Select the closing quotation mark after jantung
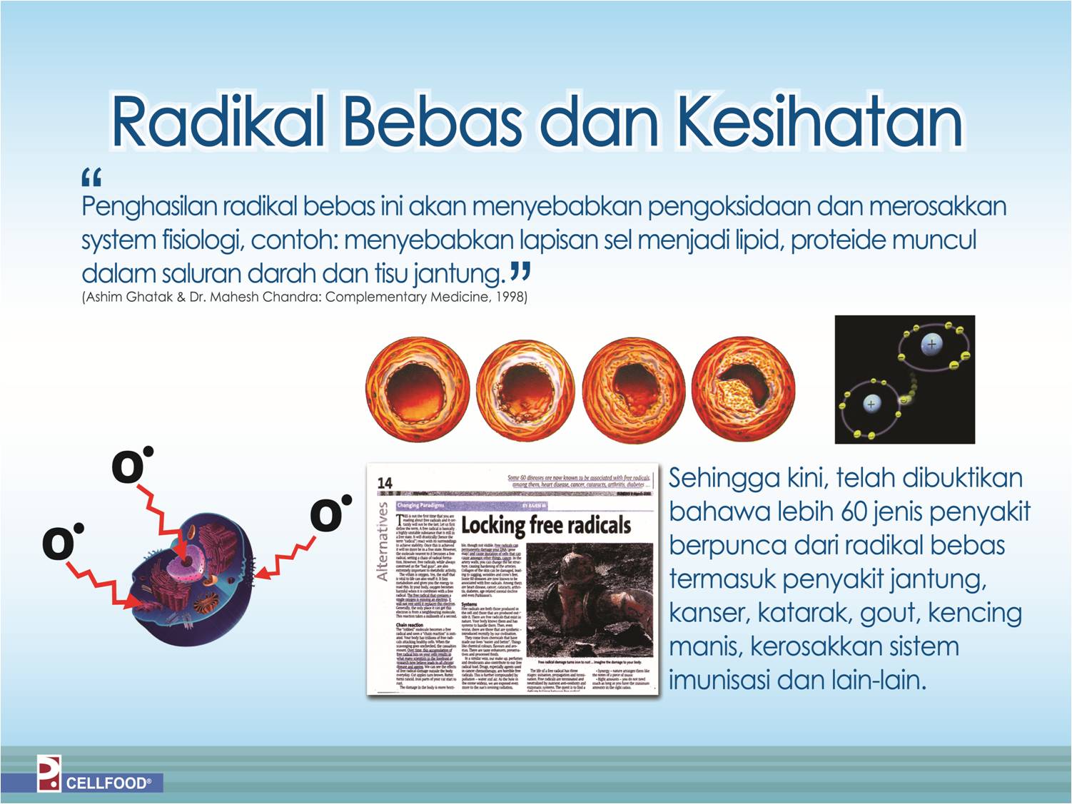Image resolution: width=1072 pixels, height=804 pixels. point(520,272)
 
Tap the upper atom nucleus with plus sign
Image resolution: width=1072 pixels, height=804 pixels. point(931,344)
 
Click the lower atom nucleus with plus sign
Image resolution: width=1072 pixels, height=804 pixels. point(871,404)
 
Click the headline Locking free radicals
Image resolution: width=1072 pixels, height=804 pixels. point(546,526)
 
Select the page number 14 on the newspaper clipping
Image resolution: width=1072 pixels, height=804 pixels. point(385,483)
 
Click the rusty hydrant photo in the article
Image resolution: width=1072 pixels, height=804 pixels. point(589,599)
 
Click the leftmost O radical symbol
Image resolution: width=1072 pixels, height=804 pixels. point(60,544)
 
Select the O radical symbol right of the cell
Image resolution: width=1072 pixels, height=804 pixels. point(328,514)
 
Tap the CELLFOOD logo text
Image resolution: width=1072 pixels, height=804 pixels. point(108,783)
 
